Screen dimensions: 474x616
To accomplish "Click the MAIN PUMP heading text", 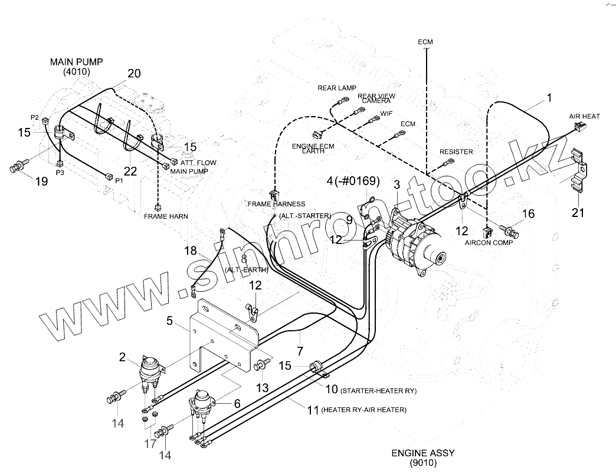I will [x=77, y=61].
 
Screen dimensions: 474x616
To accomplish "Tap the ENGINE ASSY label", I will [x=422, y=453].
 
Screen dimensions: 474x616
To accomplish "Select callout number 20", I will [x=134, y=74].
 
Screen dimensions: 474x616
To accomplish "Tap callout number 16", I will [x=528, y=213].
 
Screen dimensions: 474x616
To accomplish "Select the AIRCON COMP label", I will [x=489, y=242].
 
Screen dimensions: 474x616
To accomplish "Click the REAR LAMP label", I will [x=337, y=88].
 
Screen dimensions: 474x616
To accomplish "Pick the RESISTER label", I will [x=456, y=152].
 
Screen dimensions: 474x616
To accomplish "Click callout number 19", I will [x=41, y=182].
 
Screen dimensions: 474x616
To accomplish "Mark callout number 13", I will [x=262, y=387].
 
